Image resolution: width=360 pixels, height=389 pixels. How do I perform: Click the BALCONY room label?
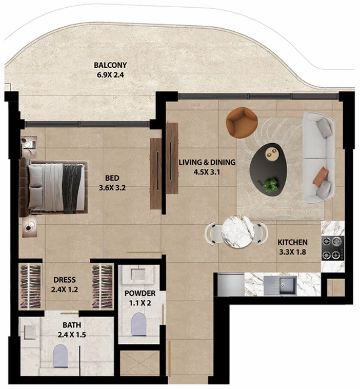110,65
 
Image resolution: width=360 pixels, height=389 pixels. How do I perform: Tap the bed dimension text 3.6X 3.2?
112,188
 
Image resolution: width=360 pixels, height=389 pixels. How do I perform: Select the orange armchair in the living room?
242,122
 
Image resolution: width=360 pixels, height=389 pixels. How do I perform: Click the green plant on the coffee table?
270,185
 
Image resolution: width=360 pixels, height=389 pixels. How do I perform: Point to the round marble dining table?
238,231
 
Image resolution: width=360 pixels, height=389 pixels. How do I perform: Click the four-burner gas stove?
333,248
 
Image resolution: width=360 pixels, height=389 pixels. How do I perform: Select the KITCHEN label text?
292,242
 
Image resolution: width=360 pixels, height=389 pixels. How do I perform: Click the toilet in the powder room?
139,324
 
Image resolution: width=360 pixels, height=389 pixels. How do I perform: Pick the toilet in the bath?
61,356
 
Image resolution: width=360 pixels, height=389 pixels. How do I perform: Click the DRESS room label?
65,280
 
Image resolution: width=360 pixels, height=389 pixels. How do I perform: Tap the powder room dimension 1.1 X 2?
140,303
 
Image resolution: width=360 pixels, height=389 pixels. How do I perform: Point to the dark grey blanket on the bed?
72,188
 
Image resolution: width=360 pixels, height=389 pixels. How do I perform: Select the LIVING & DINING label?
207,162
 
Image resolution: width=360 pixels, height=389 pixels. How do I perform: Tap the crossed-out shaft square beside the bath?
140,363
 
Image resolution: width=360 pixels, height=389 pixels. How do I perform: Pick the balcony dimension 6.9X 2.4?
110,75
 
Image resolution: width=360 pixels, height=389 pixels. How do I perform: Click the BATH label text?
72,325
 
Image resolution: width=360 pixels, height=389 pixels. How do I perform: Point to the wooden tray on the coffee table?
271,152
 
